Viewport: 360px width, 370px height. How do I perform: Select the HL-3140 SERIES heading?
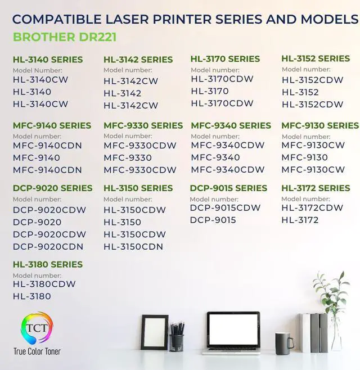click(x=48, y=60)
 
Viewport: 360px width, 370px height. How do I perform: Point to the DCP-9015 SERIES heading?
click(x=228, y=188)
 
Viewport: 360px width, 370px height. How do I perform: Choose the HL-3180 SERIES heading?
click(x=48, y=264)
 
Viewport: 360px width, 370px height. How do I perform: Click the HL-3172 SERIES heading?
click(x=316, y=188)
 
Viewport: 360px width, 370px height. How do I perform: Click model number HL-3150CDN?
click(x=133, y=246)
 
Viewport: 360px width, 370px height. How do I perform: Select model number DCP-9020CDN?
click(x=48, y=246)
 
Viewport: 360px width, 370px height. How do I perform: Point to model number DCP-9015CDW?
click(x=225, y=208)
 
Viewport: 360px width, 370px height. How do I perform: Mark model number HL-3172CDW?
click(x=312, y=208)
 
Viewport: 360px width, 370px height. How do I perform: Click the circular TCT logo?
click(x=37, y=328)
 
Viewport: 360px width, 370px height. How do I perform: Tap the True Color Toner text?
click(x=37, y=351)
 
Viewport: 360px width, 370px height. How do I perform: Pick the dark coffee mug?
click(x=283, y=340)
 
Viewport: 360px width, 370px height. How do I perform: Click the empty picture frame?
click(x=154, y=332)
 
